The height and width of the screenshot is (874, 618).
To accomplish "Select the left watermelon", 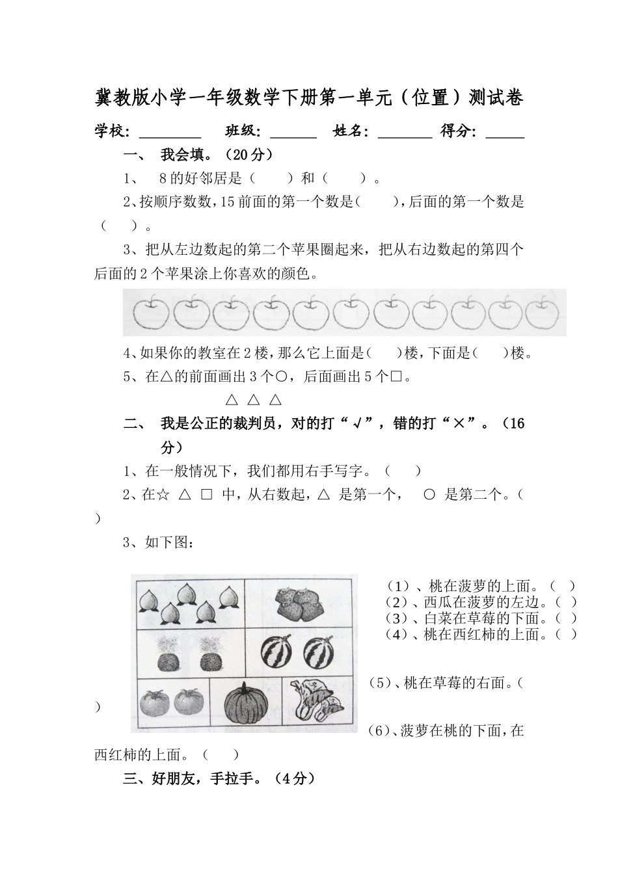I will click(x=276, y=652).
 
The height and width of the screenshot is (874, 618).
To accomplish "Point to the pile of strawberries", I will click(x=299, y=603).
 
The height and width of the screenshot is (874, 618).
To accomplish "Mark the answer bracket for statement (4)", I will click(x=565, y=634).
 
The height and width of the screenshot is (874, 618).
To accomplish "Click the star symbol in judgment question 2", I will click(x=164, y=495).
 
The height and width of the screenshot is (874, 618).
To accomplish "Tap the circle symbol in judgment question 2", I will click(x=429, y=495).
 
